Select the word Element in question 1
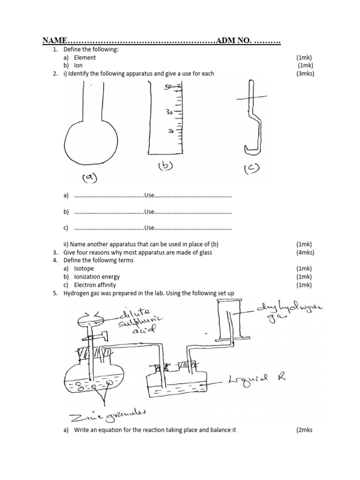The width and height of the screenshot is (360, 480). pyautogui.click(x=85, y=57)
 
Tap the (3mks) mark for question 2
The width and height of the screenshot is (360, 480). pyautogui.click(x=305, y=74)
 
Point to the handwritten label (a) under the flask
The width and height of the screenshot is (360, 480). pyautogui.click(x=89, y=177)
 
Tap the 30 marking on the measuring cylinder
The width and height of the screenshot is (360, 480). pyautogui.click(x=169, y=112)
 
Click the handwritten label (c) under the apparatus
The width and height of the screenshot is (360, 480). pyautogui.click(x=252, y=168)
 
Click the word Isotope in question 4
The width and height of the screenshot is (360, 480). pyautogui.click(x=84, y=269)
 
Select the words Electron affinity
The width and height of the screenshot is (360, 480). pyautogui.click(x=95, y=285)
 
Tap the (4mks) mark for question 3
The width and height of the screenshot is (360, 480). pyautogui.click(x=305, y=253)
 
